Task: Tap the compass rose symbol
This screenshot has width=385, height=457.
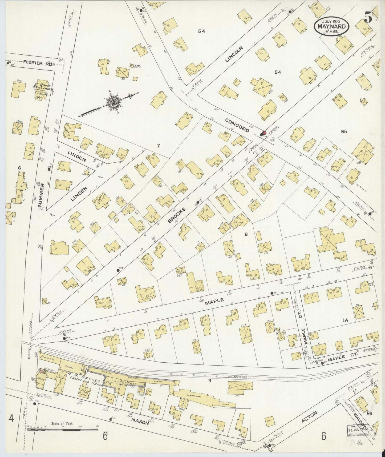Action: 111,101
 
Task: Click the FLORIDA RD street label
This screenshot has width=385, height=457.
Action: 37,63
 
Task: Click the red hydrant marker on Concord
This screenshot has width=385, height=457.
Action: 264,133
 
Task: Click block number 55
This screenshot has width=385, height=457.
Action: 344,131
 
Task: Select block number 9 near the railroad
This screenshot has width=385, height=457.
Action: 210,380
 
